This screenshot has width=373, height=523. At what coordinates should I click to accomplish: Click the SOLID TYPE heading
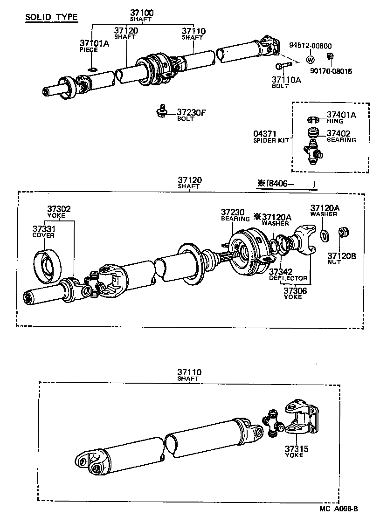click(51, 18)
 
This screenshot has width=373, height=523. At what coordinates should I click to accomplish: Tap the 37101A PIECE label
click(93, 46)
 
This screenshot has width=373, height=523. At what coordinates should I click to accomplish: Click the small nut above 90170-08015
click(329, 56)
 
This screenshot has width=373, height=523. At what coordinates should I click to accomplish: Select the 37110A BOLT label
click(286, 83)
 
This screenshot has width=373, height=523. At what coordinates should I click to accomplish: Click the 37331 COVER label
click(43, 231)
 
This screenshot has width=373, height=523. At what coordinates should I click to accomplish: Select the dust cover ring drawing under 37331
click(48, 266)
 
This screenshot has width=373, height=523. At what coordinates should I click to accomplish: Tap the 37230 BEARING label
click(235, 215)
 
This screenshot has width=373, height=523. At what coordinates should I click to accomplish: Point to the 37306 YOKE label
click(293, 293)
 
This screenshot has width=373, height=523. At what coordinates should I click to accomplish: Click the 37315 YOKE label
click(294, 451)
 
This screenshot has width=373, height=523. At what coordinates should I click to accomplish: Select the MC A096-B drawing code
click(338, 509)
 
